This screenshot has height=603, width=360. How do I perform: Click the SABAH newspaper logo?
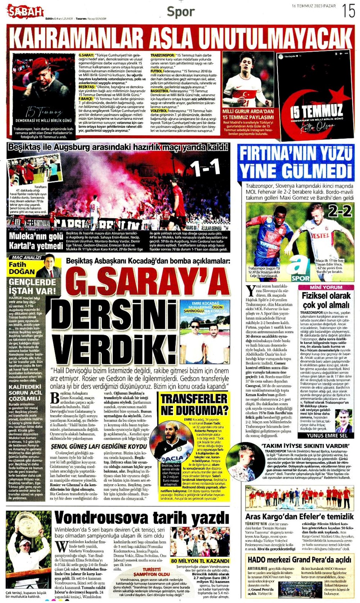click(25, 12)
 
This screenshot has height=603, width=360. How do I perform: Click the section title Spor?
click(180, 12)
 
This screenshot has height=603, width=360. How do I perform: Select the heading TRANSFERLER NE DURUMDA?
click(194, 404)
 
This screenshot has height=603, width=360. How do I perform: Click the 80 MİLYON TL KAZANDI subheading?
click(200, 561)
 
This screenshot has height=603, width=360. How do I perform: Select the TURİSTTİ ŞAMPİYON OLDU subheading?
click(152, 572)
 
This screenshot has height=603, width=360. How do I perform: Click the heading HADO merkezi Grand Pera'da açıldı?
click(299, 560)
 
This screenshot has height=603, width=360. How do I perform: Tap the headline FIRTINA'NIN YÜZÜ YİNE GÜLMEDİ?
click(296, 161)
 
